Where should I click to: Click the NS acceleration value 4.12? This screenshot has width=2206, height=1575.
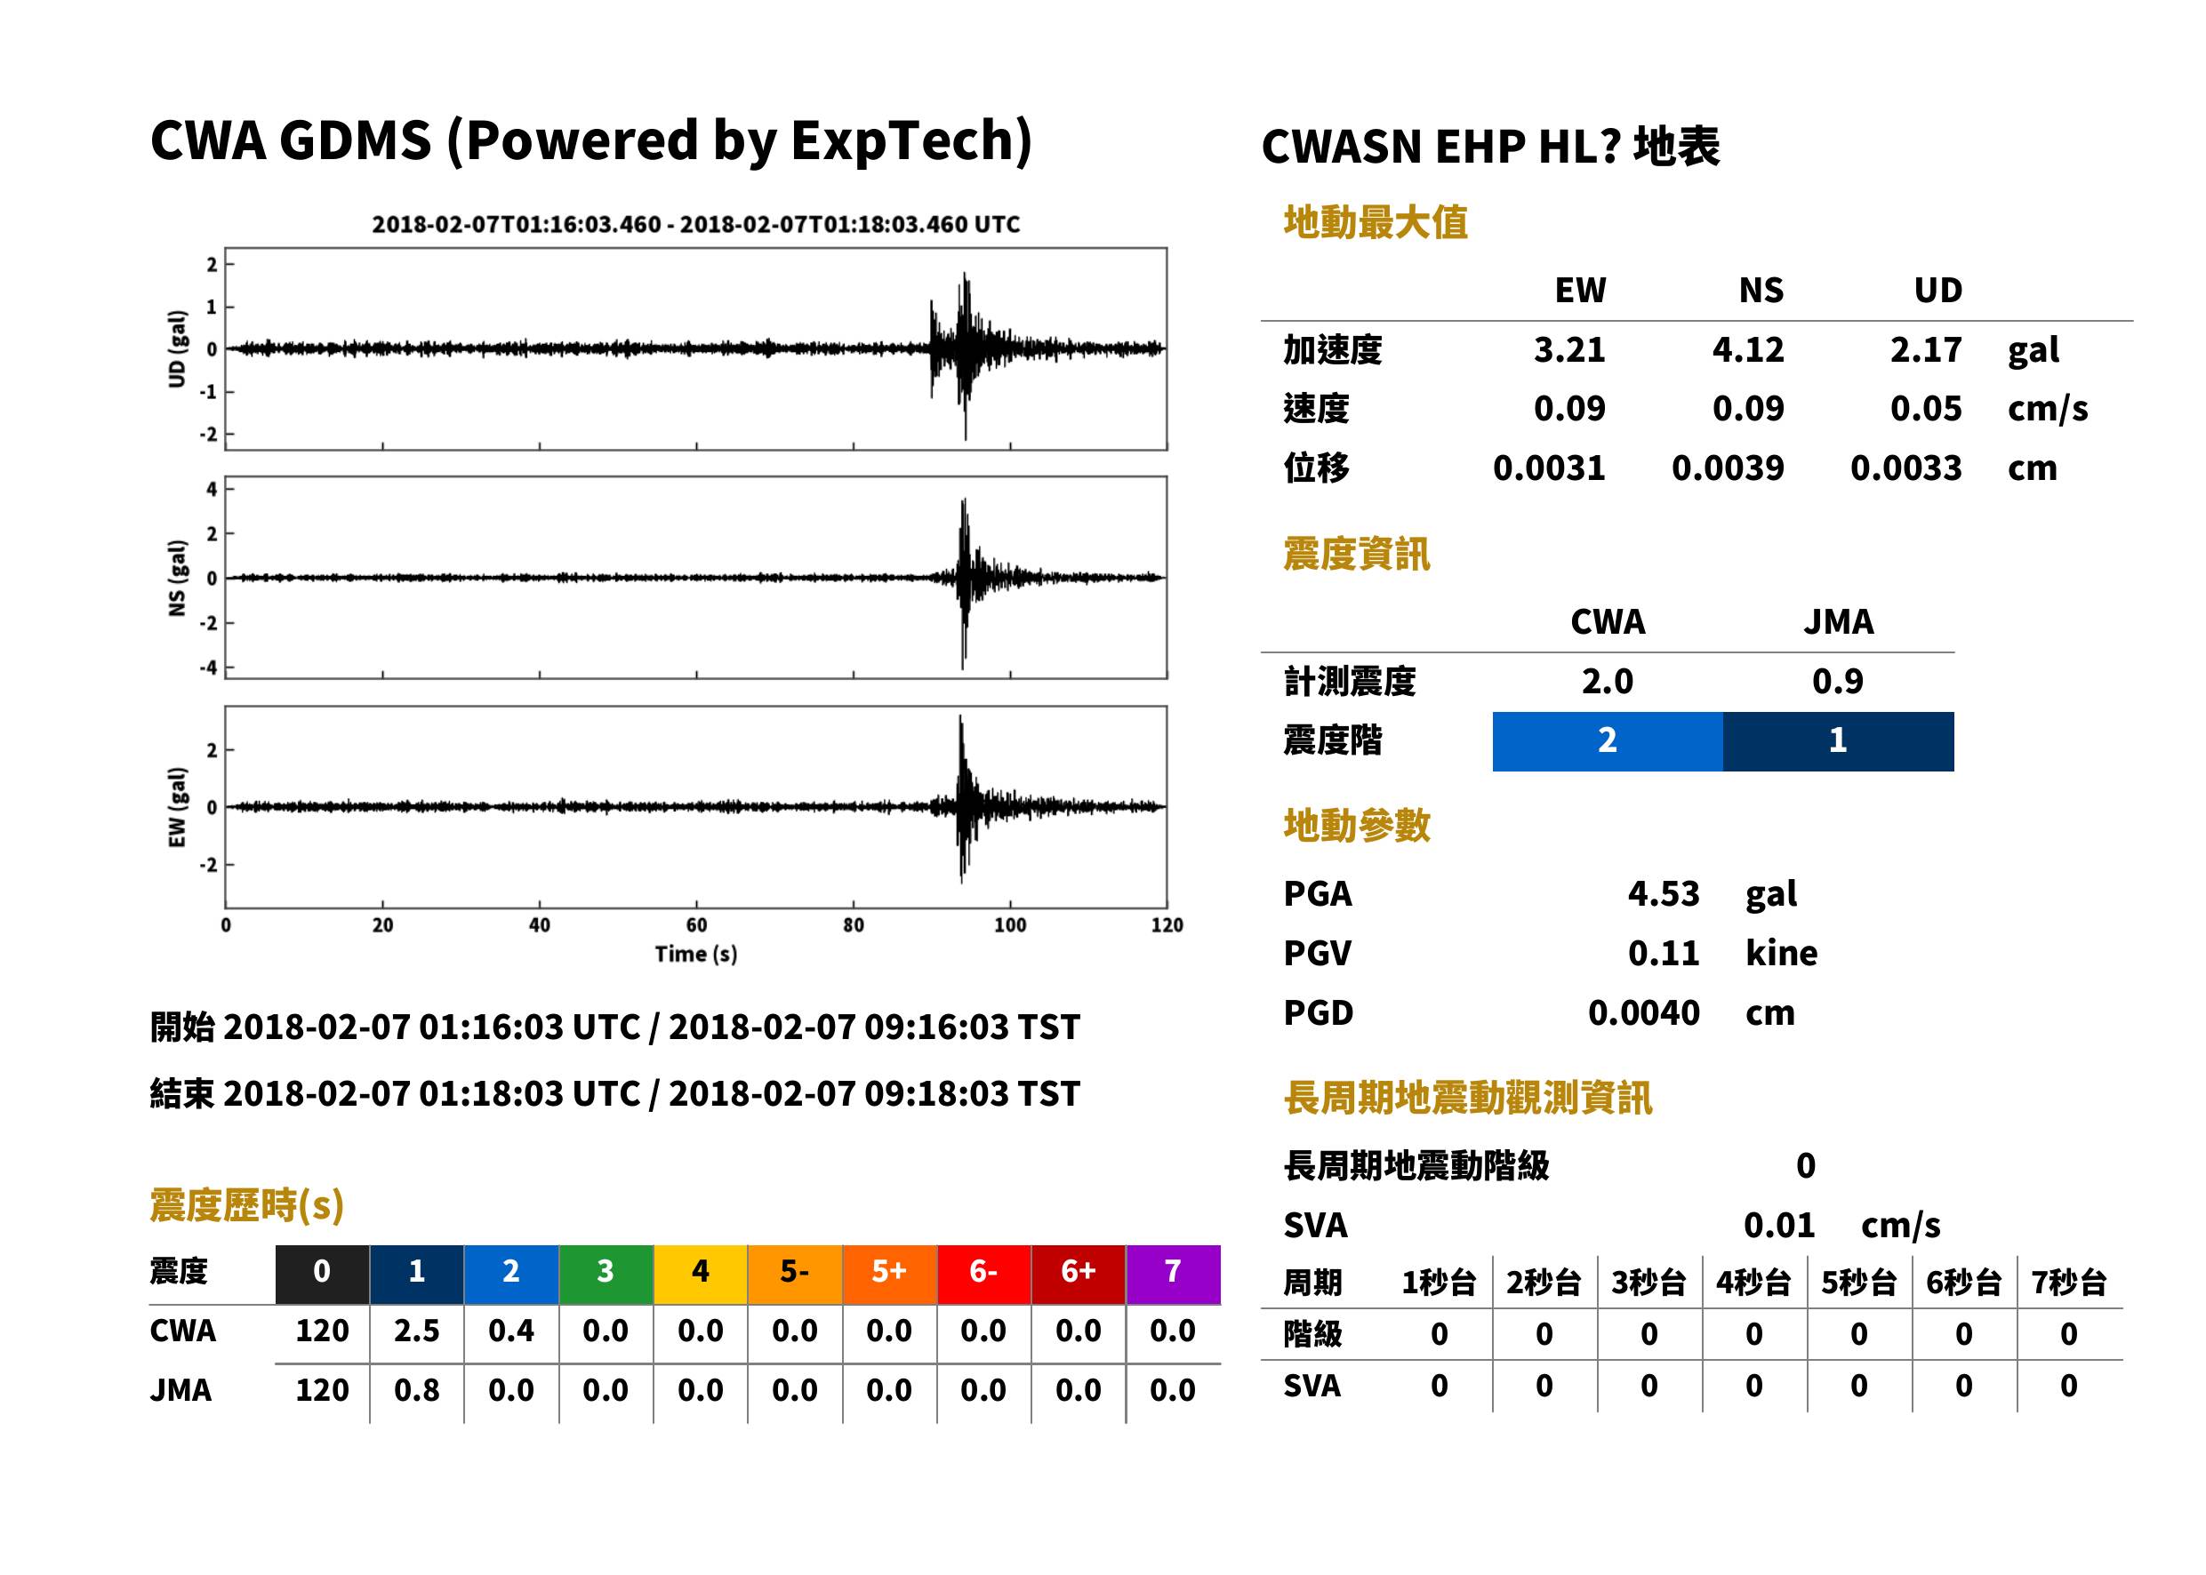coord(1747,349)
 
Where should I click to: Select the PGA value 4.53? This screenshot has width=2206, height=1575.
coord(1663,893)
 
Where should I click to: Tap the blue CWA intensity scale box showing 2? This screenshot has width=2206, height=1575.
coord(1608,741)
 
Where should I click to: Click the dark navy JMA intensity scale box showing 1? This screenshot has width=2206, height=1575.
coord(1839,741)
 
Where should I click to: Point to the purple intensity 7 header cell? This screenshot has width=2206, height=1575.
coord(1173,1274)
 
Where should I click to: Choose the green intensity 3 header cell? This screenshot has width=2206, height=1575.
coord(606,1274)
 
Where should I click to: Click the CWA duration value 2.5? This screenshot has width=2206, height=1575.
coord(416,1331)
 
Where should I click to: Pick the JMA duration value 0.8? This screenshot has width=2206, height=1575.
coord(416,1390)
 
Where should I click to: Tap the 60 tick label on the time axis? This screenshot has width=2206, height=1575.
coord(696,925)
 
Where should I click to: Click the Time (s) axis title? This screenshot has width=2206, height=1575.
coord(695,955)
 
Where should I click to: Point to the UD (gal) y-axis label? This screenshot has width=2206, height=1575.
coord(177,349)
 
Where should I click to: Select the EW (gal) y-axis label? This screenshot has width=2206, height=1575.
coord(177,807)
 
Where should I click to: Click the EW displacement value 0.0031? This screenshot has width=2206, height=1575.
coord(1549,468)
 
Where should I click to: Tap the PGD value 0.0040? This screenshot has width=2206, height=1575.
coord(1643,1012)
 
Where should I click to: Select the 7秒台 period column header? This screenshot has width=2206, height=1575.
coord(2069,1283)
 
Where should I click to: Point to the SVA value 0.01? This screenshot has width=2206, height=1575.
coord(1779,1225)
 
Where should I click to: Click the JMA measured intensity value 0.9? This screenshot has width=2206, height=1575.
coord(1837,681)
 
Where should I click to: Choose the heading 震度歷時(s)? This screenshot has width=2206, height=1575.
coord(247,1205)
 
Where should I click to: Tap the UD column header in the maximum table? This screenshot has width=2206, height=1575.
coord(1937,290)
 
